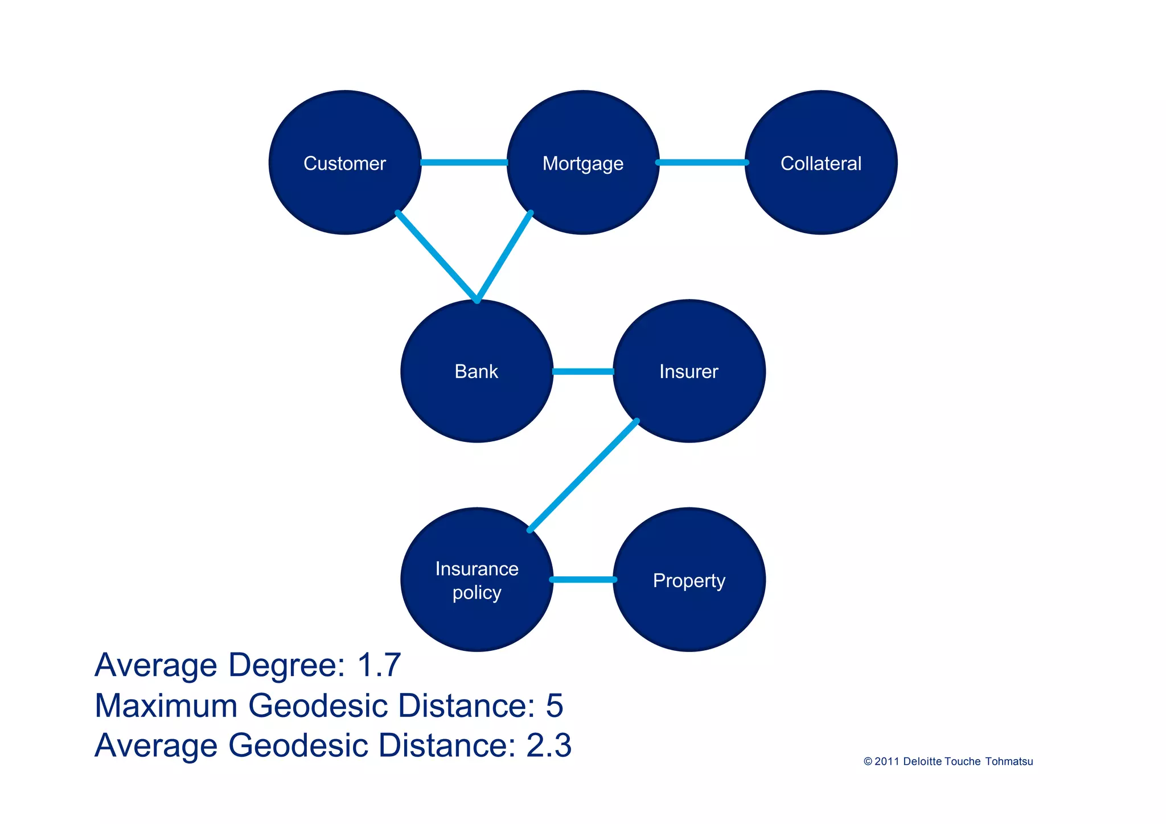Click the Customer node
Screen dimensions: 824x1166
point(345,163)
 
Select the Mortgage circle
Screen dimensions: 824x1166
point(583,163)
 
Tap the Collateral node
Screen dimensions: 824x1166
point(821,163)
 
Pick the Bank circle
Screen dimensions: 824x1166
point(477,371)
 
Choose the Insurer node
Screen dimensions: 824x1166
point(689,371)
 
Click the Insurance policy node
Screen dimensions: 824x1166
point(477,580)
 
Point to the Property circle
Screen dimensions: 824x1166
point(689,580)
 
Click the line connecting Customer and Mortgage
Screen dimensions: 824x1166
point(464,163)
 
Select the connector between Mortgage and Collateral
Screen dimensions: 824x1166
point(702,163)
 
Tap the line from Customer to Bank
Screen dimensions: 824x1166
point(437,256)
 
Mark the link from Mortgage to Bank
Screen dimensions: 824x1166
point(504,256)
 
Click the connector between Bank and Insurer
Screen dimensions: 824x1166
point(583,372)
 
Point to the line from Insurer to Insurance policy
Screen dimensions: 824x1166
point(583,475)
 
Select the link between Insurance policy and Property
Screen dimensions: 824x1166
point(583,580)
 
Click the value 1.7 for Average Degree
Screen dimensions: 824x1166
point(379,665)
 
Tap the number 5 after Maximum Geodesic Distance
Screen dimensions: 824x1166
point(554,706)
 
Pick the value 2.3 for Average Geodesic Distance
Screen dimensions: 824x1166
point(549,745)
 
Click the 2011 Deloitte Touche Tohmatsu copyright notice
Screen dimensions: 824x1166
point(948,762)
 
